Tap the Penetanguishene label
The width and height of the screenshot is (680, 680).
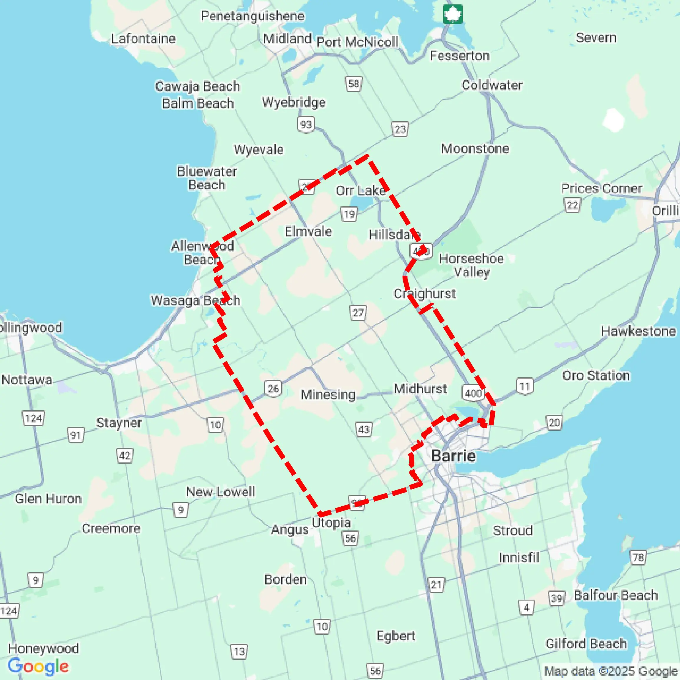[x=252, y=16]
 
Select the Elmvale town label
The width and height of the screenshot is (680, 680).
[x=308, y=231]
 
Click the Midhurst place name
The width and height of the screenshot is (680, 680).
[x=420, y=389]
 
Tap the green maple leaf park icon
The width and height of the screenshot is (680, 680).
[x=453, y=14]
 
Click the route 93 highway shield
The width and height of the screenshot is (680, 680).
[x=306, y=124]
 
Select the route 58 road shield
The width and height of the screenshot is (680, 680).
[x=354, y=84]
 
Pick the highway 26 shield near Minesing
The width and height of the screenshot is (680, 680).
[x=273, y=389]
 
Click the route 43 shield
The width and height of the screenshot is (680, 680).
[x=363, y=429]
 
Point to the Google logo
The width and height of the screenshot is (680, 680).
[x=38, y=666]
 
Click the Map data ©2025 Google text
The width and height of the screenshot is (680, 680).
[x=611, y=671]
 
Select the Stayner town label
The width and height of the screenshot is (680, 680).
[x=119, y=422]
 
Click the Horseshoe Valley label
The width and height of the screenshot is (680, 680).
[x=471, y=265]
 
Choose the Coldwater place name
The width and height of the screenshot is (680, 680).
[x=492, y=85]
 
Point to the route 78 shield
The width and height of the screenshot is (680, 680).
[x=638, y=558]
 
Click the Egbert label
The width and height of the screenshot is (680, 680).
[x=396, y=636]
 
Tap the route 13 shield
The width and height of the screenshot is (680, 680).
[x=239, y=652]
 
